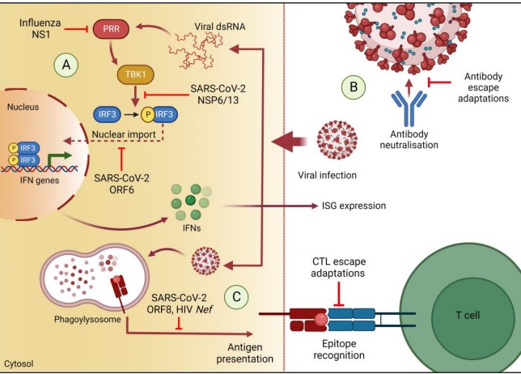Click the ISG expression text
[x=349, y=206]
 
